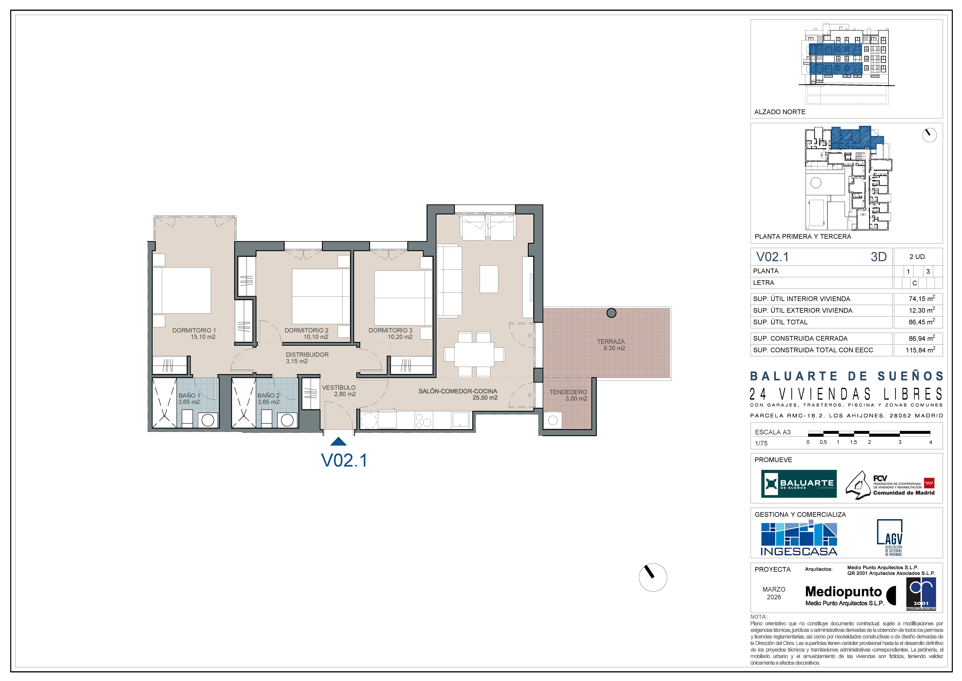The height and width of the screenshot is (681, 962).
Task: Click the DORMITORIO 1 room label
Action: point(194,330)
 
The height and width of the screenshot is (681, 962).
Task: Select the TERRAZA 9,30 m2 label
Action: point(611,345)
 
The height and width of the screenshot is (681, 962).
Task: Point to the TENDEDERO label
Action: point(568,392)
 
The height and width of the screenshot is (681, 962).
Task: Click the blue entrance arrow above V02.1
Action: point(338,442)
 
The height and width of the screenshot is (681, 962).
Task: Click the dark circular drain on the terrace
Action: point(612,313)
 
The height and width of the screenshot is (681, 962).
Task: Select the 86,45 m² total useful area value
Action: point(922,322)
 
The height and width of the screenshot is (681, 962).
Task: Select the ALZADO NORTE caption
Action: point(780,112)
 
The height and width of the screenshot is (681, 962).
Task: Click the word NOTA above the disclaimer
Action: point(759,617)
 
